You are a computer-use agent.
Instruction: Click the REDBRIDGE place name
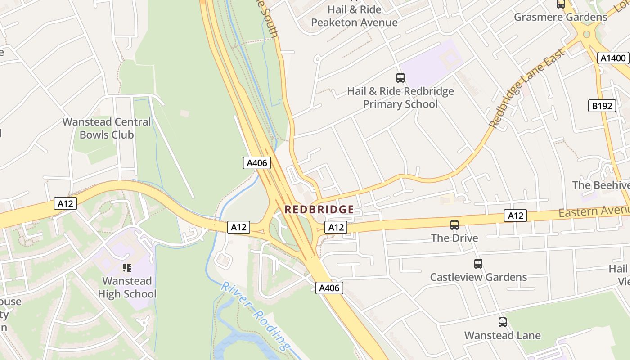(x=319, y=210)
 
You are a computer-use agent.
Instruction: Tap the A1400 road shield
(x=613, y=58)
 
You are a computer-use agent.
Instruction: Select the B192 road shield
(x=602, y=106)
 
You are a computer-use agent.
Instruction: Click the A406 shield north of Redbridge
(x=257, y=163)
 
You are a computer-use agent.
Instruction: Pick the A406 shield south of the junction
(x=329, y=288)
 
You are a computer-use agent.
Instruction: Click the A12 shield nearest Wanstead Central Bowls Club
(x=65, y=203)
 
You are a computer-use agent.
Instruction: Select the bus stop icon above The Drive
(x=454, y=225)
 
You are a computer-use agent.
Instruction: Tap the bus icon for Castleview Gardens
(x=478, y=264)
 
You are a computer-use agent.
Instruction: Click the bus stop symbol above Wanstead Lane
(x=502, y=322)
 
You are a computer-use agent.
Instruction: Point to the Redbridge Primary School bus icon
(x=400, y=77)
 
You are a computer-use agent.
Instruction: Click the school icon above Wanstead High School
(x=127, y=268)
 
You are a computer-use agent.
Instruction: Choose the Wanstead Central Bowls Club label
(x=107, y=128)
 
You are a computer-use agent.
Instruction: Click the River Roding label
(x=255, y=316)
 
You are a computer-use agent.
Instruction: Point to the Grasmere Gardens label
(x=560, y=17)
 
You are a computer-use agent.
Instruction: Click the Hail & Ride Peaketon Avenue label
(x=355, y=16)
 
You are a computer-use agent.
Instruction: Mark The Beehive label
(x=600, y=185)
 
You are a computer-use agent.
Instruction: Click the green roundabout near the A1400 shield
(x=586, y=34)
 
